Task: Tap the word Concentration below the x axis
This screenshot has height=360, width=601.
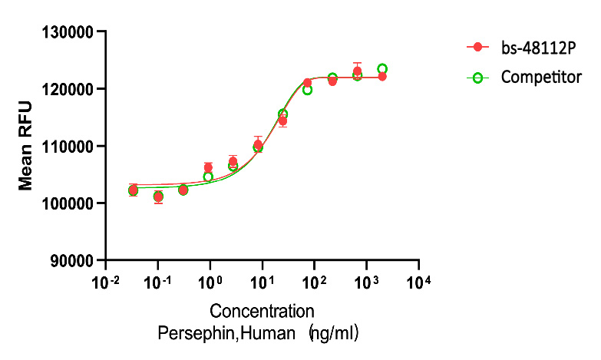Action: (x=262, y=312)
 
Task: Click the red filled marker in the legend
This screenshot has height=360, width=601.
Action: (x=477, y=48)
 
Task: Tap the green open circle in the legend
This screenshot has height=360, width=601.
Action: (x=477, y=78)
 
